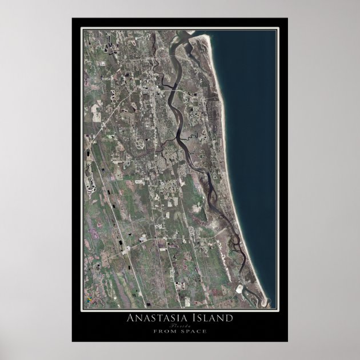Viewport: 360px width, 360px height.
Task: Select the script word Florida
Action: point(181,325)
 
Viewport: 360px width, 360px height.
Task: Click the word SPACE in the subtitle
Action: point(193,331)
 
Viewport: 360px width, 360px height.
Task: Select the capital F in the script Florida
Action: point(173,325)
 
